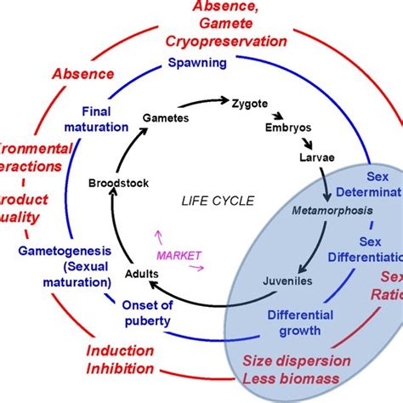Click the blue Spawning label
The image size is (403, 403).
pyautogui.click(x=196, y=63)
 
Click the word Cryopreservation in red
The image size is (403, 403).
pyautogui.click(x=226, y=41)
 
